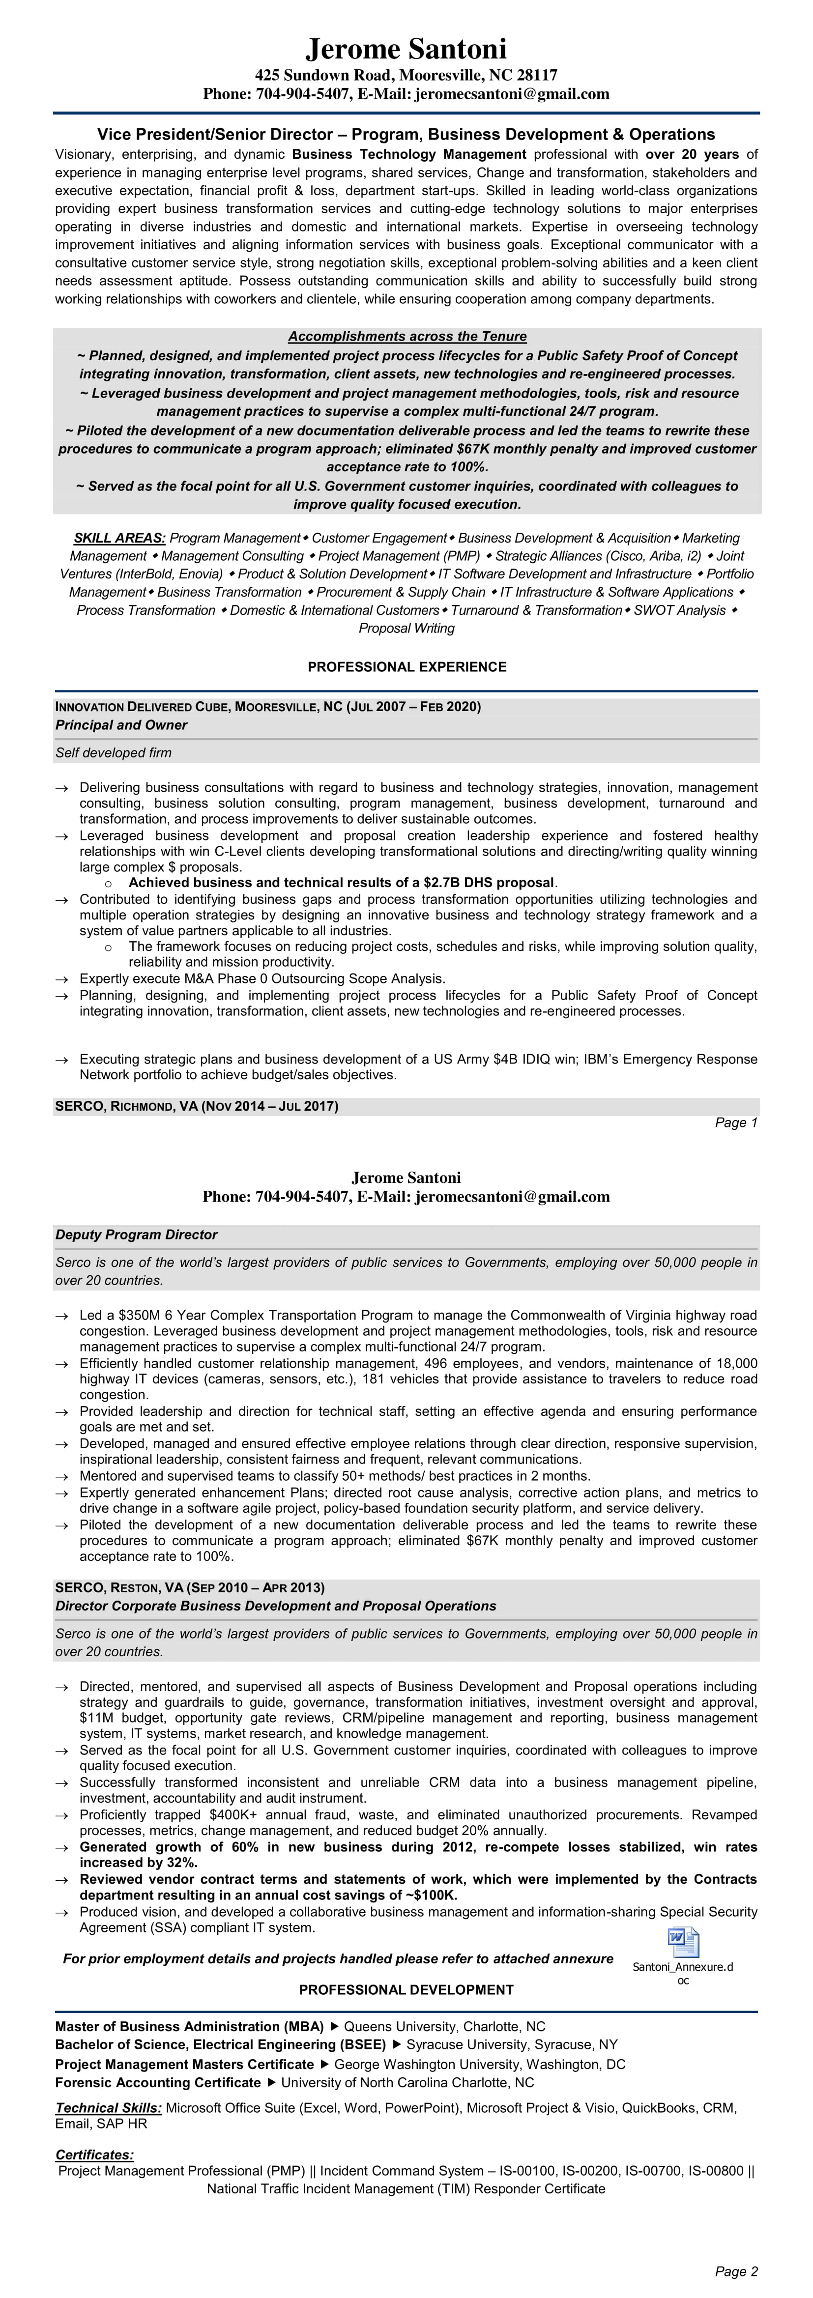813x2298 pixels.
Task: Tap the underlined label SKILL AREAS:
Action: click(x=119, y=538)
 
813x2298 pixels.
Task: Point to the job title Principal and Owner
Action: click(x=121, y=725)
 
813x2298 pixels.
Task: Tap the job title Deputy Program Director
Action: click(x=137, y=1235)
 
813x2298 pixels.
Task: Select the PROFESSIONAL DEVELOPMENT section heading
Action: click(x=406, y=1989)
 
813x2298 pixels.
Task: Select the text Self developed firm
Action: click(x=114, y=753)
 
